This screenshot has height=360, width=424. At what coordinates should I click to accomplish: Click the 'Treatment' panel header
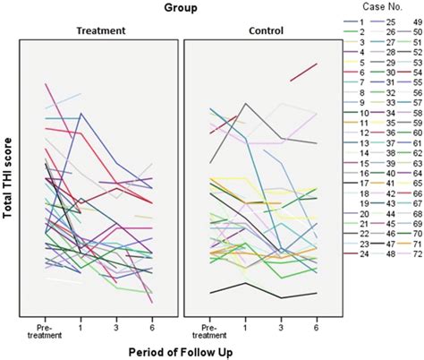99,30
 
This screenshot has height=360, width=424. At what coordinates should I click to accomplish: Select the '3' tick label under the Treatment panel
116,323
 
